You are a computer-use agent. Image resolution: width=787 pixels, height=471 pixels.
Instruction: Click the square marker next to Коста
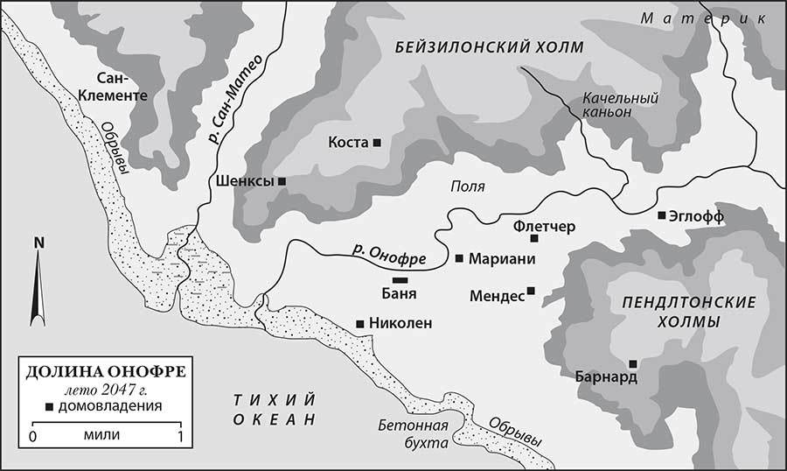(377, 143)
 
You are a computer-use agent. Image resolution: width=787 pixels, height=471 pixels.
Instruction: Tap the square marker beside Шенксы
(282, 181)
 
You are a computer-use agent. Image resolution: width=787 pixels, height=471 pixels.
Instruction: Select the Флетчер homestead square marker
(535, 237)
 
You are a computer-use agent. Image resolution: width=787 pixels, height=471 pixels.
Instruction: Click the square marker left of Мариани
(459, 258)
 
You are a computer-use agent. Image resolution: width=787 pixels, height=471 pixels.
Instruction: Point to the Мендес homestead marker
(531, 292)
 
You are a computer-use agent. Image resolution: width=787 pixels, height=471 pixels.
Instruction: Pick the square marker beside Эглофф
(662, 215)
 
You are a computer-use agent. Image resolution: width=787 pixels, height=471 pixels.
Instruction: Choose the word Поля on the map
(467, 186)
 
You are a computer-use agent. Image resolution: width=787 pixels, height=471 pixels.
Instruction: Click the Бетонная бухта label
(415, 434)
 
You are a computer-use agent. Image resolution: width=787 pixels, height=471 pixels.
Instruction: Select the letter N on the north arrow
(38, 243)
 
